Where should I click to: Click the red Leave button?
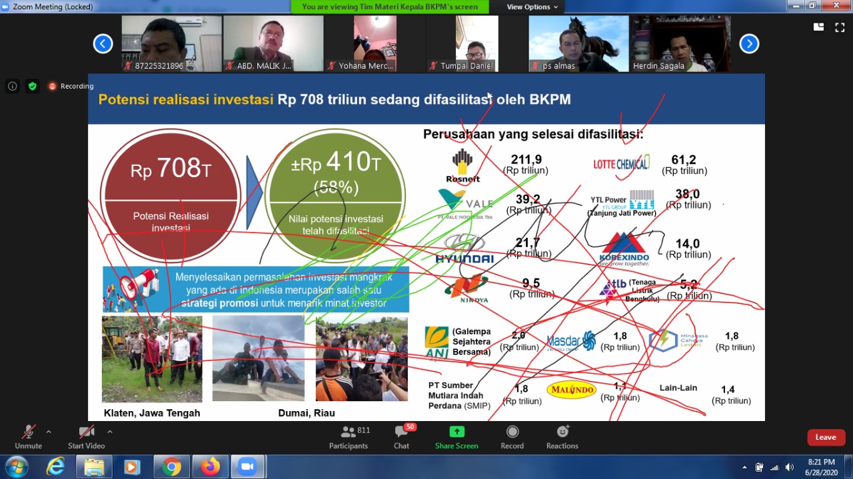(x=826, y=437)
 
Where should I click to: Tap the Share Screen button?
(x=456, y=437)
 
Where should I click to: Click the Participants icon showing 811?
(x=349, y=437)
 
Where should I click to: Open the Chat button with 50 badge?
(x=401, y=437)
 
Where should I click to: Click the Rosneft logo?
(x=462, y=166)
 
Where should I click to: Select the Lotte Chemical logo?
(x=622, y=163)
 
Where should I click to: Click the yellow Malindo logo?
(x=571, y=390)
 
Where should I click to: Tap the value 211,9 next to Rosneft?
(x=526, y=160)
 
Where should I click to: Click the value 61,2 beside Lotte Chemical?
(x=684, y=160)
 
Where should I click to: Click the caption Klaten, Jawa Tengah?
(x=152, y=413)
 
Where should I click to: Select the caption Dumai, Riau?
(x=306, y=413)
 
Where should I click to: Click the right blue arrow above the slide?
(x=749, y=44)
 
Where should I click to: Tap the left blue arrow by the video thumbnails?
(x=103, y=44)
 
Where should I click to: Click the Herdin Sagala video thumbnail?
(x=681, y=44)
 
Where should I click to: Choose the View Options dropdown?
(x=532, y=7)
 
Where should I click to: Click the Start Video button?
(x=86, y=437)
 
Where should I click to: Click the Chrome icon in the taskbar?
(x=172, y=467)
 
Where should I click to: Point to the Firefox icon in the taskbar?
(x=211, y=467)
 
